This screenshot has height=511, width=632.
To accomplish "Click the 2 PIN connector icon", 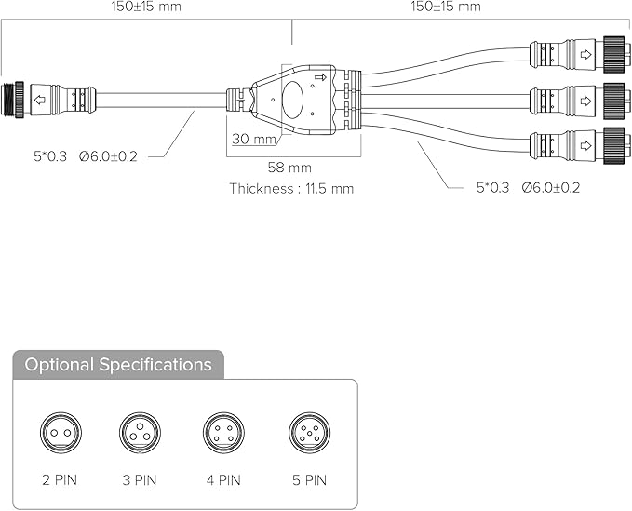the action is [61, 433].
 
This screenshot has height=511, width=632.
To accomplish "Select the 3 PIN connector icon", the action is [140, 433].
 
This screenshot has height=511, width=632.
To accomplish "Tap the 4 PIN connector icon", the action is [223, 433].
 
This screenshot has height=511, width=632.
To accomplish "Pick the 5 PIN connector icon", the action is [310, 433].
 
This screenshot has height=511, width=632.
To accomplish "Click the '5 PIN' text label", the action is [310, 480].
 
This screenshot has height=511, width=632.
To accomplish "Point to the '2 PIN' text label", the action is [60, 480].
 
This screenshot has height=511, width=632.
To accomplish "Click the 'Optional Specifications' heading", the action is [118, 365].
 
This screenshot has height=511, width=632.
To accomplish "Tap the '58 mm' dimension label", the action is [289, 168].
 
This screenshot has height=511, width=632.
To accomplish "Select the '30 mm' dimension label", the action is [254, 139].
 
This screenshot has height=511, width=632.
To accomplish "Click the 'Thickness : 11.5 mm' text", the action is [291, 188].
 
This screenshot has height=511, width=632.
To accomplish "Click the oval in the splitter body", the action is [292, 100].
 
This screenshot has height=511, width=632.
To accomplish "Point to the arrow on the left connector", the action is [40, 100].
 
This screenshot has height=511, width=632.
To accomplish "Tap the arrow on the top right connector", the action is [585, 54].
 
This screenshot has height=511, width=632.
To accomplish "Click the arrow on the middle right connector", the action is [585, 101].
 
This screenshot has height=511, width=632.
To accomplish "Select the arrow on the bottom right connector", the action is [585, 145].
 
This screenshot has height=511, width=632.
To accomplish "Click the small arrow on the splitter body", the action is [320, 77].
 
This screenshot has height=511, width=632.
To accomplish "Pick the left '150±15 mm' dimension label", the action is [146, 6].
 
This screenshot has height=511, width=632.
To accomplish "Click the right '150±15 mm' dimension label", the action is [446, 6].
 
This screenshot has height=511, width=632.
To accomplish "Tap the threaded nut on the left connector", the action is [13, 100].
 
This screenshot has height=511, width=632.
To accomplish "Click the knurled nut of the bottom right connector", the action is [614, 145].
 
